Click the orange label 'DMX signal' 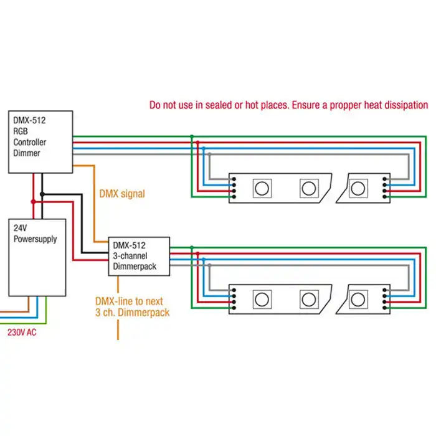click(x=122, y=194)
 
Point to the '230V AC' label click(x=22, y=333)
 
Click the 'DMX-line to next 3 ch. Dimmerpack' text click(x=132, y=306)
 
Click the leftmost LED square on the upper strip click(x=262, y=187)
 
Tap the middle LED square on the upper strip click(x=308, y=187)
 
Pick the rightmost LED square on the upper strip click(x=358, y=187)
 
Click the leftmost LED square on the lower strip click(x=262, y=298)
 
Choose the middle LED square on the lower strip click(x=308, y=298)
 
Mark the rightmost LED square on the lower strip click(x=358, y=298)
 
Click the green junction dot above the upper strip click(x=192, y=136)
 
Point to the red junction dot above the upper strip click(x=197, y=143)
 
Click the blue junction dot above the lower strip click(x=204, y=260)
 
